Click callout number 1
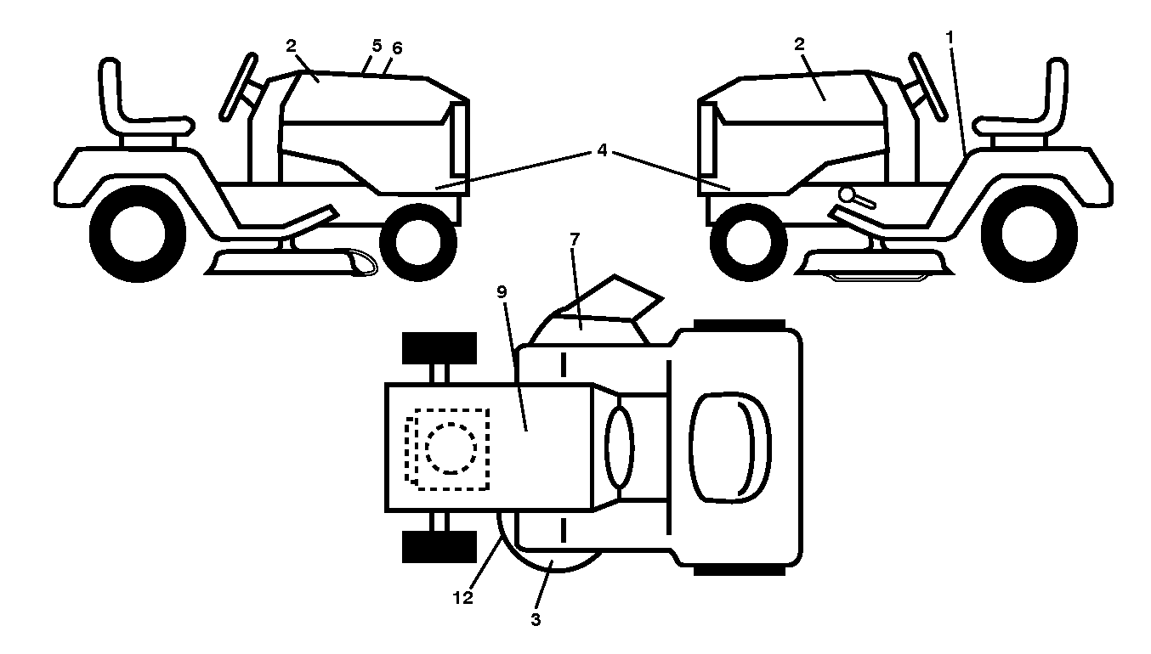(950, 37)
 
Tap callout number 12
(462, 598)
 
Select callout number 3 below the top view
(536, 620)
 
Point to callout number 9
(502, 292)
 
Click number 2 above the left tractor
(291, 46)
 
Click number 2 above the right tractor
(799, 44)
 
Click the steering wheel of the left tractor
(238, 87)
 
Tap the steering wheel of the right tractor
(928, 87)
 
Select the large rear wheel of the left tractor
(138, 234)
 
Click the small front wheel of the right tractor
(748, 242)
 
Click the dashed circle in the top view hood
(451, 448)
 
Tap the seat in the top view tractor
(730, 448)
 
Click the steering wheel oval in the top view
(620, 447)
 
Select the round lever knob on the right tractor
(846, 195)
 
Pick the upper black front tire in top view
(439, 348)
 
